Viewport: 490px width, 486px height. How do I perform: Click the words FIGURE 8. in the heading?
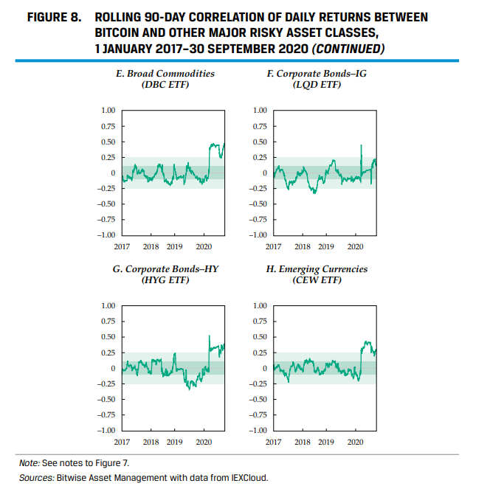pyautogui.click(x=52, y=16)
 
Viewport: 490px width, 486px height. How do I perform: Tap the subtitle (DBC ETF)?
pyautogui.click(x=165, y=86)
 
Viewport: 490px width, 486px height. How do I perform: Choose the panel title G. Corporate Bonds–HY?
pyautogui.click(x=165, y=269)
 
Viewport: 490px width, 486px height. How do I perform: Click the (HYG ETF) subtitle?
pyautogui.click(x=165, y=281)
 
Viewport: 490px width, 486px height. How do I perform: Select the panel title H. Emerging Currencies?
pyautogui.click(x=316, y=269)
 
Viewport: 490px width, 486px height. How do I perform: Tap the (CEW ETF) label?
pyautogui.click(x=316, y=281)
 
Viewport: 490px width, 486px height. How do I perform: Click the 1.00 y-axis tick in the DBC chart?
pyautogui.click(x=108, y=111)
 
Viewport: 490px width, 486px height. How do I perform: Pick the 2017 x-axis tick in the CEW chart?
pyautogui.click(x=273, y=442)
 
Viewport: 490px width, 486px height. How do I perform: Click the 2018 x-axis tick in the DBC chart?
pyautogui.click(x=151, y=247)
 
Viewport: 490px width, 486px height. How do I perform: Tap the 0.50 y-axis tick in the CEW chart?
pyautogui.click(x=258, y=337)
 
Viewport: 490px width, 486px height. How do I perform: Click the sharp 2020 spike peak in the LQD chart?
pyautogui.click(x=362, y=145)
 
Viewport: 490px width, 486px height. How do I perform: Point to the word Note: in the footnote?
pyautogui.click(x=30, y=462)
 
